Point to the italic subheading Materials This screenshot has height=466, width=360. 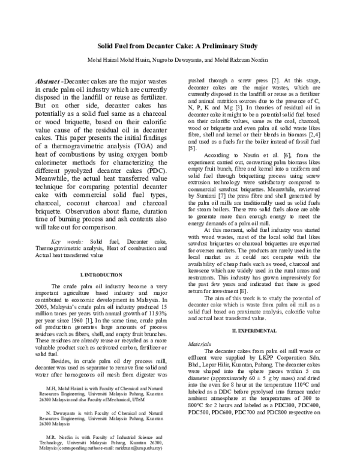coord(200,345)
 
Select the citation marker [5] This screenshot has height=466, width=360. coord(192,148)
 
